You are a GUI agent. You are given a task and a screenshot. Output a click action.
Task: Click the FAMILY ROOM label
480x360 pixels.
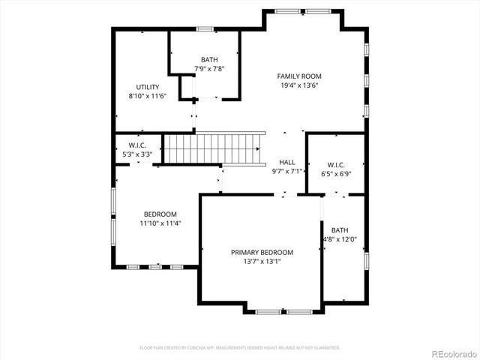click(298, 76)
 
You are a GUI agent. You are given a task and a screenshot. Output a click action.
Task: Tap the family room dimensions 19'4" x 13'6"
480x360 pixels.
click(298, 85)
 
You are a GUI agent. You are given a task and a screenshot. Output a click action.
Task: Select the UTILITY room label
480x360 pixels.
click(147, 87)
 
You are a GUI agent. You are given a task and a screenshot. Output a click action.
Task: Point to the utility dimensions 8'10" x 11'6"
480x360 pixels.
click(147, 96)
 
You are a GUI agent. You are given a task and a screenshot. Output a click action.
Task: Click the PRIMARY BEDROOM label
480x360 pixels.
click(262, 253)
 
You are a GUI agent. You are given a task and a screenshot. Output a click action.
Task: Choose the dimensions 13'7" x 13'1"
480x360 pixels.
click(262, 262)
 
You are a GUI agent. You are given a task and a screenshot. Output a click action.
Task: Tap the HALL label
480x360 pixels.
click(287, 162)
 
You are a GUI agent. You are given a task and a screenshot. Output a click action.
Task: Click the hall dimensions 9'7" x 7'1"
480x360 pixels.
click(287, 171)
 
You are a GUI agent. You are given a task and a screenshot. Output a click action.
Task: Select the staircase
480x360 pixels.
click(214, 148)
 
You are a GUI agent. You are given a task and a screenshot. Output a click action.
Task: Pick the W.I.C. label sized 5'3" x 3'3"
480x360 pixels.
click(136, 145)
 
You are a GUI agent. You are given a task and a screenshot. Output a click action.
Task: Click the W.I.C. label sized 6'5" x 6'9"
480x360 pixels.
click(336, 165)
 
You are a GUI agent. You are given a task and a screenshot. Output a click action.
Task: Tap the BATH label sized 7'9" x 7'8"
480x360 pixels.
click(209, 60)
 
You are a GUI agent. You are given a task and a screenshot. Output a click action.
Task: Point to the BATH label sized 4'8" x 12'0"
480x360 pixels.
click(340, 230)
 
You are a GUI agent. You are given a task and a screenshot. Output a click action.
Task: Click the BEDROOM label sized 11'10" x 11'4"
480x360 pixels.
click(160, 214)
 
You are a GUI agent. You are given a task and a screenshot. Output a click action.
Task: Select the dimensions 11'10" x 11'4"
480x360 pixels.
click(160, 223)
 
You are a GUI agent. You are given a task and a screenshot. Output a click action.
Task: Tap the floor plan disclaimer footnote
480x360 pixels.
click(240, 348)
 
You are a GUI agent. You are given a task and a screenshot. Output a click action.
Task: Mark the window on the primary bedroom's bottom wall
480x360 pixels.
click(284, 310)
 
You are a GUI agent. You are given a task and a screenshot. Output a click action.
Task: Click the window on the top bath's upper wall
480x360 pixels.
click(205, 29)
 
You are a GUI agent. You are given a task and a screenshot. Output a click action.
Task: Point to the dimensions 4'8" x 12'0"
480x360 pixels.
click(340, 240)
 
